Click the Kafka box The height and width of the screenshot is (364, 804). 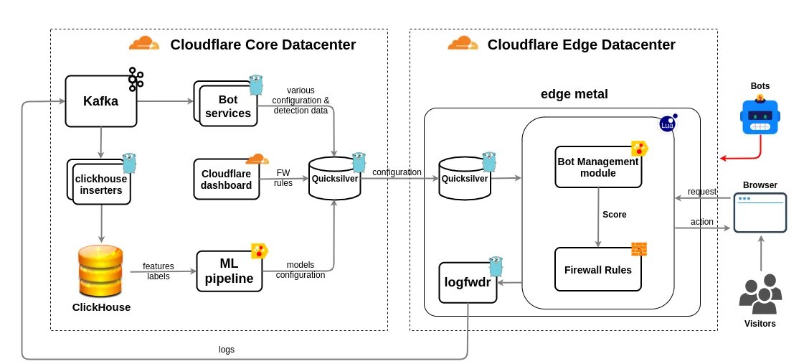click(x=100, y=101)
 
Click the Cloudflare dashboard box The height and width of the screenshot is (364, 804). click(x=227, y=179)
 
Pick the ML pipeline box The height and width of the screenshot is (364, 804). click(x=229, y=271)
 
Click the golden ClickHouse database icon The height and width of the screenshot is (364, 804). click(x=101, y=271)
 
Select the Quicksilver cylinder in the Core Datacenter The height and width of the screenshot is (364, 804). click(x=334, y=179)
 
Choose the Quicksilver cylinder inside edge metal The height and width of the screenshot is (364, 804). click(x=464, y=179)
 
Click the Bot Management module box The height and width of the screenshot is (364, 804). click(x=597, y=167)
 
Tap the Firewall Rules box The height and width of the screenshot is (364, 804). click(x=597, y=269)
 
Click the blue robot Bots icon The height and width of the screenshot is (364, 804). click(x=760, y=116)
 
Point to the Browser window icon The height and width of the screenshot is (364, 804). click(x=760, y=212)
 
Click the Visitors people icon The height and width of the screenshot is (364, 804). click(x=760, y=295)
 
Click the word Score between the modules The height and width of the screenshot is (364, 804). click(x=614, y=214)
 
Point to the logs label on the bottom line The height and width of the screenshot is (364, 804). click(x=227, y=350)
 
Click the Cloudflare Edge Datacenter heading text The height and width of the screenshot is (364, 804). click(x=581, y=45)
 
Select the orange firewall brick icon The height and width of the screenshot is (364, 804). click(x=638, y=249)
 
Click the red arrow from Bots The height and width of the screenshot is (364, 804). click(x=739, y=157)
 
